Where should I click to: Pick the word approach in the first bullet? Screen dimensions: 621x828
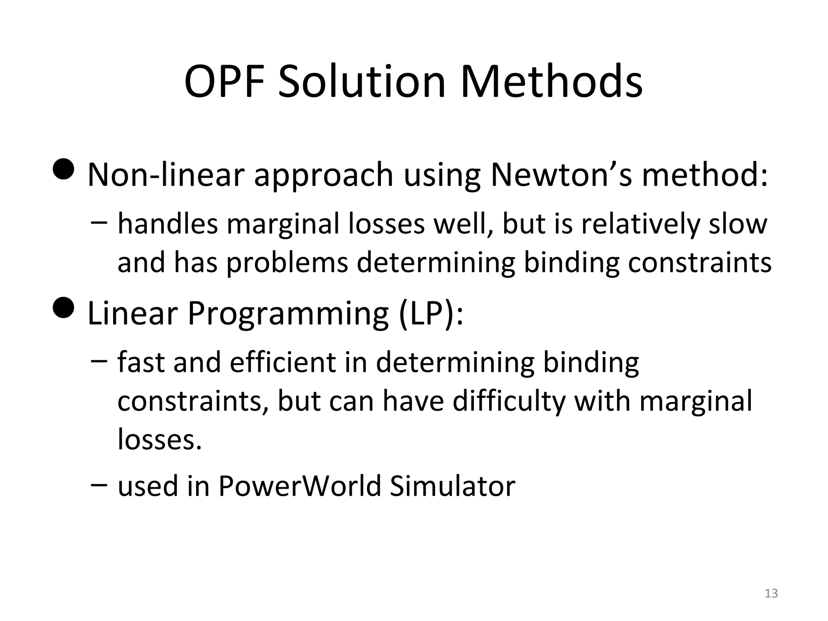[323, 176]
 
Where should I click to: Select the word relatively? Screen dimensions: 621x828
[640, 224]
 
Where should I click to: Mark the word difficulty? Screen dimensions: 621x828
[508, 402]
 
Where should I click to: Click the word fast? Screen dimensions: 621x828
[141, 362]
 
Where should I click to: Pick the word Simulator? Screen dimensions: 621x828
[452, 486]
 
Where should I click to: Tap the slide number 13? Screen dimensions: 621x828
[771, 593]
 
